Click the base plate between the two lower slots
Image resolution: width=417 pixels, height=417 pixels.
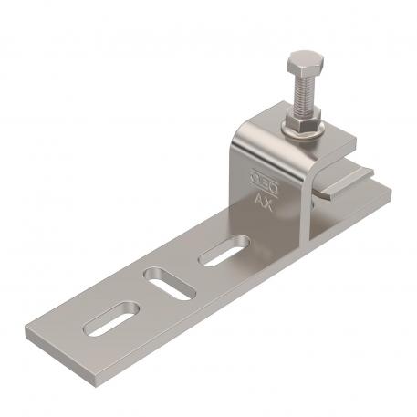pyautogui.click(x=141, y=302)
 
